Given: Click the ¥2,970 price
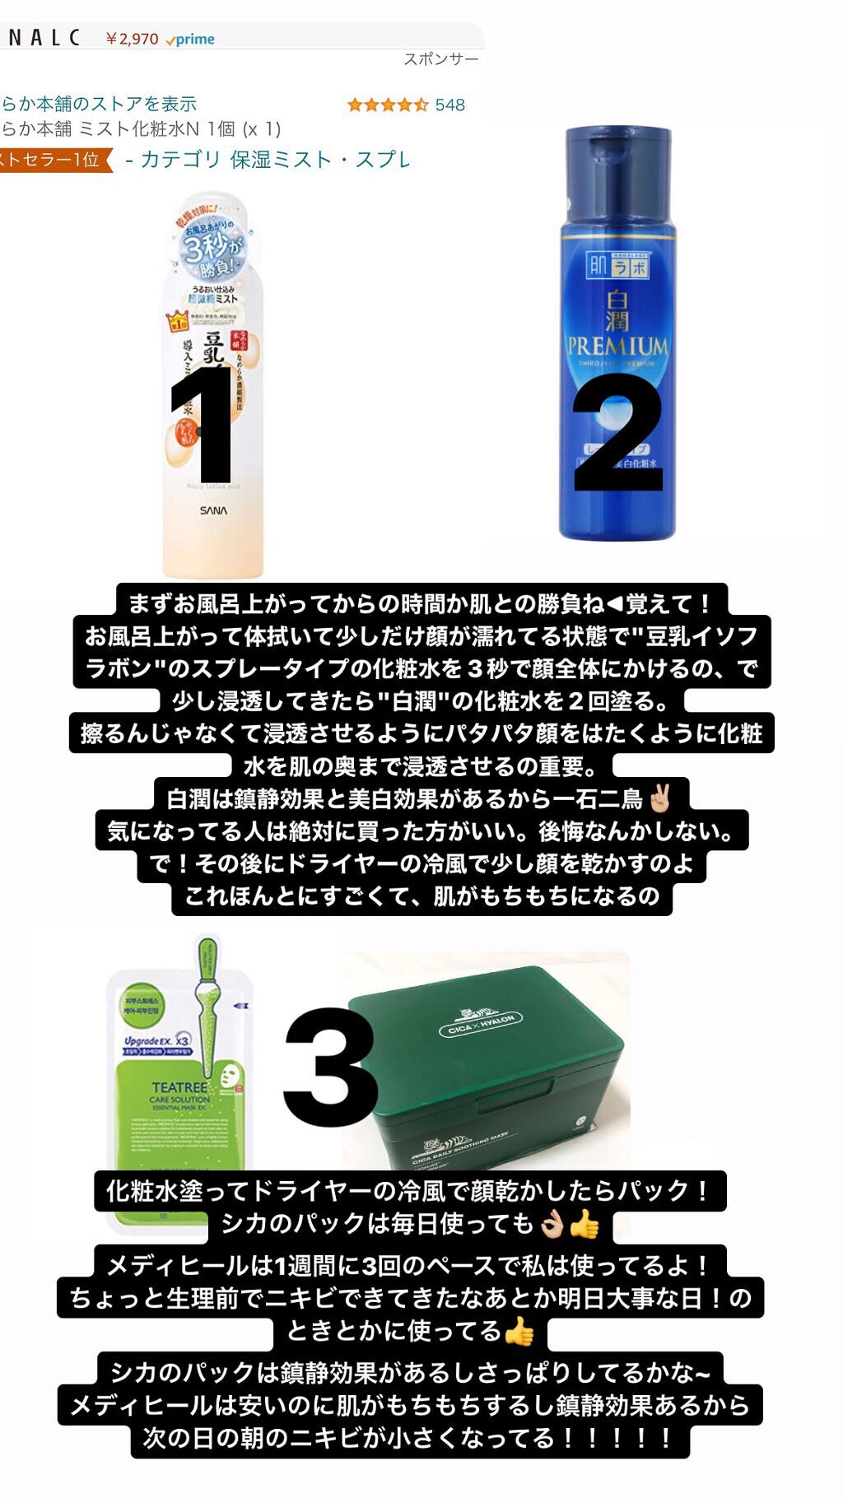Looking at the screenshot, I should pos(132,39).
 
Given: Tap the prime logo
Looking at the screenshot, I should pos(190,40).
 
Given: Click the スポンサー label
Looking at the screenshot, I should pos(440,59).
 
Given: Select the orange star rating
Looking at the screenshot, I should pos(387,105).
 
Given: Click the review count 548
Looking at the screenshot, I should pos(449,105).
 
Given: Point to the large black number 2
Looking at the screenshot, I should pos(617,432).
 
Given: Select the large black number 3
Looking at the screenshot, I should pos(330,1067).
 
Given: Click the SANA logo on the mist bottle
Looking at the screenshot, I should pos(213,511).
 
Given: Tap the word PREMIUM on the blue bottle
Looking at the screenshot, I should pos(617,346).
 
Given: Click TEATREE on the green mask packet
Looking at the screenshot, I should pos(179,1087).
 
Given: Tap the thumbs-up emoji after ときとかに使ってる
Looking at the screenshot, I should pos(519,1331).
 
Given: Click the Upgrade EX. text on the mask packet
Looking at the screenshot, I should pos(149,1041).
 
